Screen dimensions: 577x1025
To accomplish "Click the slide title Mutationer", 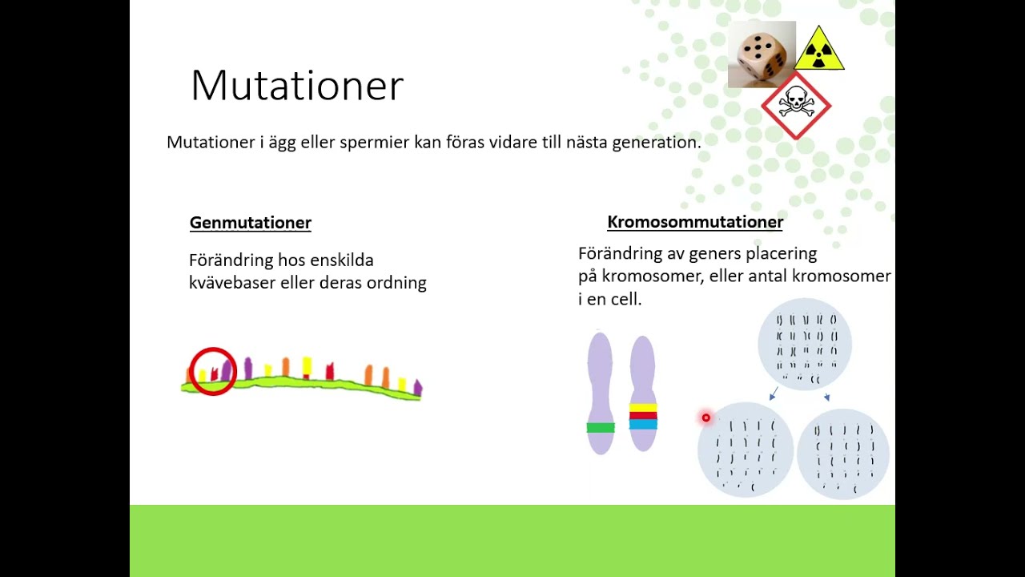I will coord(296,86).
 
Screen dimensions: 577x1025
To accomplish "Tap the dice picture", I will coord(761,54).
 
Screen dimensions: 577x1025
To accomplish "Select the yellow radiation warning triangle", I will coord(819,50).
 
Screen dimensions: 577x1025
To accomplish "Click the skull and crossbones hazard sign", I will coord(795,105).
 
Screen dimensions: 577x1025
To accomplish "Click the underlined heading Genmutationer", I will coord(250,223).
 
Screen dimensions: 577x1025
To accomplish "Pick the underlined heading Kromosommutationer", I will coord(695,222).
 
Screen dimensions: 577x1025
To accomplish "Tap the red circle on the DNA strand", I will coord(213,371).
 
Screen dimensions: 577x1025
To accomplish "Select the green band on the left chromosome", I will coord(600,428).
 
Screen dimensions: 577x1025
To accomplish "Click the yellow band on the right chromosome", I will coord(643,408).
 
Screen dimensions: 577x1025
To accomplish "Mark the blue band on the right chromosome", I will coord(643,424).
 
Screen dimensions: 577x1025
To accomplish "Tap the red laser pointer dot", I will coord(705,418).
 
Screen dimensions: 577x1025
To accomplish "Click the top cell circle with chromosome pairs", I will coord(805,345).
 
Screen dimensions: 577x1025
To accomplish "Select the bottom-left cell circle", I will coord(745,451).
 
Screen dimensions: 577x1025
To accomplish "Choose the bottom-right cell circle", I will coord(843,454).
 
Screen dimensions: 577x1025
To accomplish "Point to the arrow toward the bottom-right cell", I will coord(826,396).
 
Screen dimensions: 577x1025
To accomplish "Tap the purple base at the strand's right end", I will coord(417,389).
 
